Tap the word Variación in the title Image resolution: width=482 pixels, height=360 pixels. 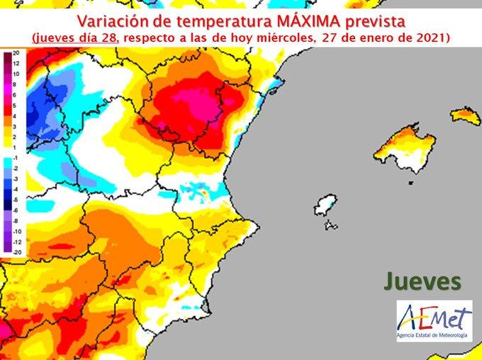pyautogui.click(x=113, y=18)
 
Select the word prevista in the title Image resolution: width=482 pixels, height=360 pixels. pyautogui.click(x=378, y=18)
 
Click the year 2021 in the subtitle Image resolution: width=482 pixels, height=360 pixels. pyautogui.click(x=430, y=36)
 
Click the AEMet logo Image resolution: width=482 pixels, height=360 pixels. pyautogui.click(x=434, y=314)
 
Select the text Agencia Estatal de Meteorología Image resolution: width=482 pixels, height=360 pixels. pyautogui.click(x=434, y=333)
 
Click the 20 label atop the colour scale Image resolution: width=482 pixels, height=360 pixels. pyautogui.click(x=16, y=54)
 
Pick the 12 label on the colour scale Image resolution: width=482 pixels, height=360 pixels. pyautogui.click(x=16, y=63)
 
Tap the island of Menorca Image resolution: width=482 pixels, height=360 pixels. pyautogui.click(x=466, y=114)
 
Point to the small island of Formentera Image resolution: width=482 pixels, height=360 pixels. pyautogui.click(x=330, y=226)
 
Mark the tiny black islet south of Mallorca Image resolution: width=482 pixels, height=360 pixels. pyautogui.click(x=410, y=183)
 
